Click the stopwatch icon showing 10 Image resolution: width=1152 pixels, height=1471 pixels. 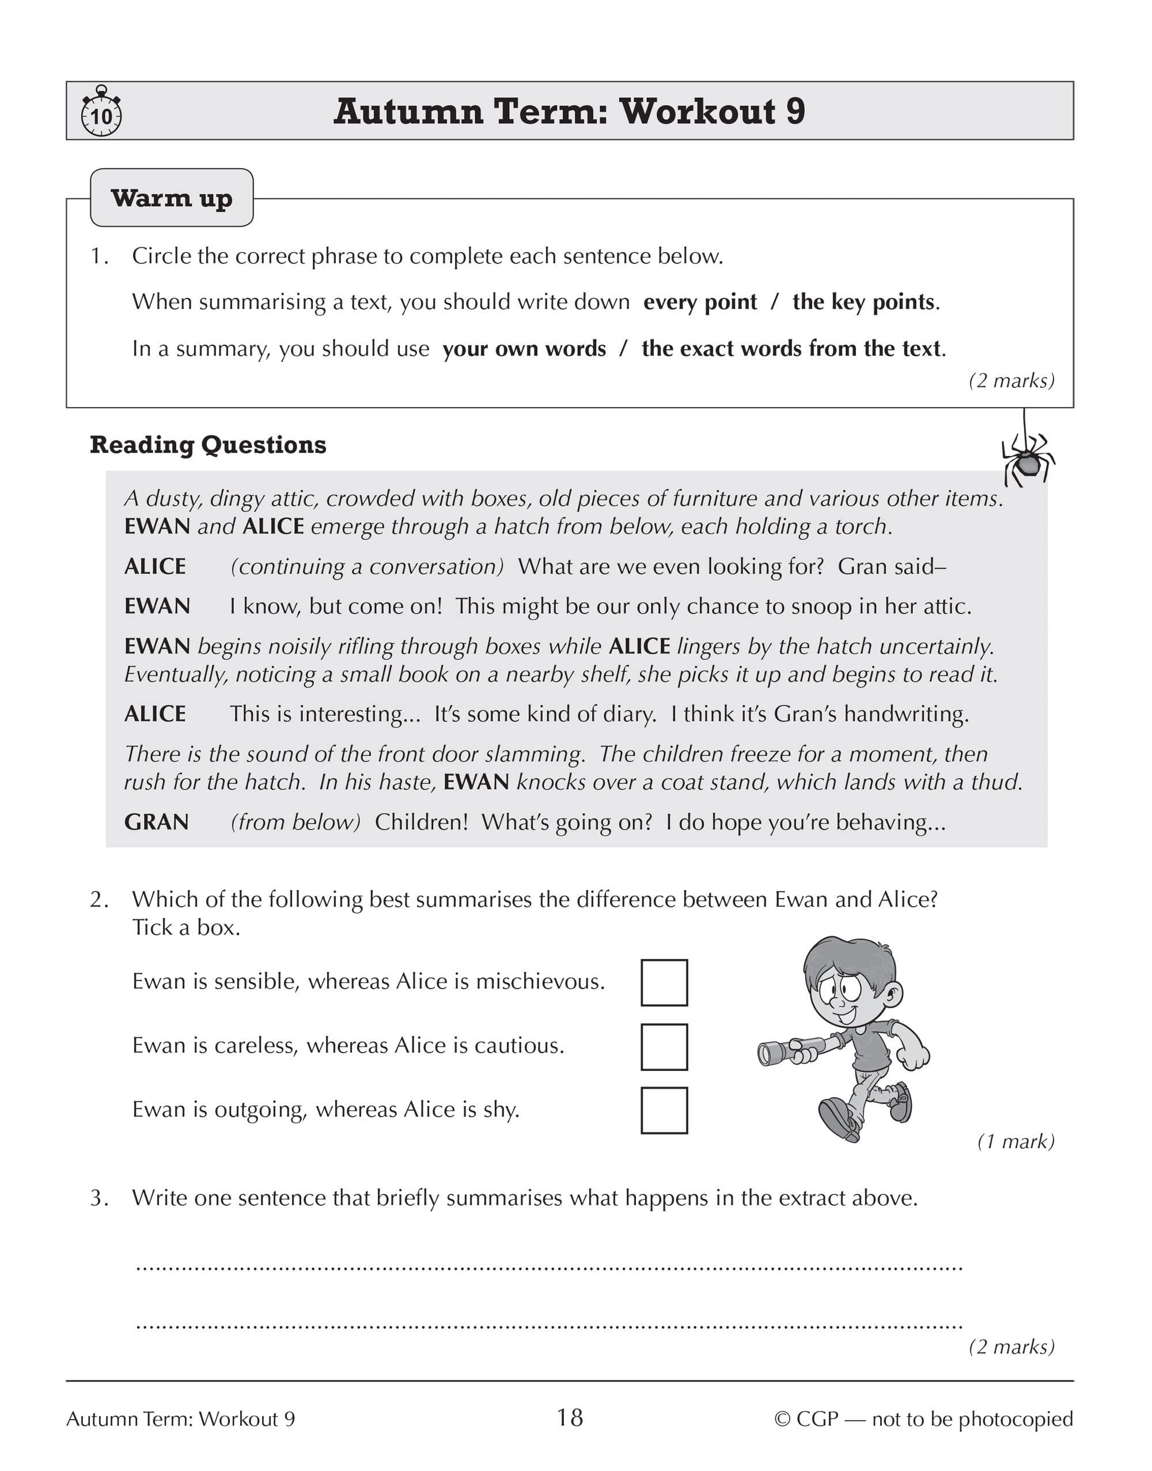point(101,112)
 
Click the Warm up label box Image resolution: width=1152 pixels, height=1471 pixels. point(172,198)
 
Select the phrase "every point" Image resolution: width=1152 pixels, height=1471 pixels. point(700,301)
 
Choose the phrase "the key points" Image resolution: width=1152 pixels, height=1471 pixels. point(864,301)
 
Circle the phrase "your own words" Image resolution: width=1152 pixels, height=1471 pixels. point(524,349)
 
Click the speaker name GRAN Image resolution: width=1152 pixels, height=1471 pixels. point(157,823)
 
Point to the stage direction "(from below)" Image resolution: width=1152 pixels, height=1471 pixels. point(295,823)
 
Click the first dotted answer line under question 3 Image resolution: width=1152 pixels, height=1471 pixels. point(549,1269)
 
